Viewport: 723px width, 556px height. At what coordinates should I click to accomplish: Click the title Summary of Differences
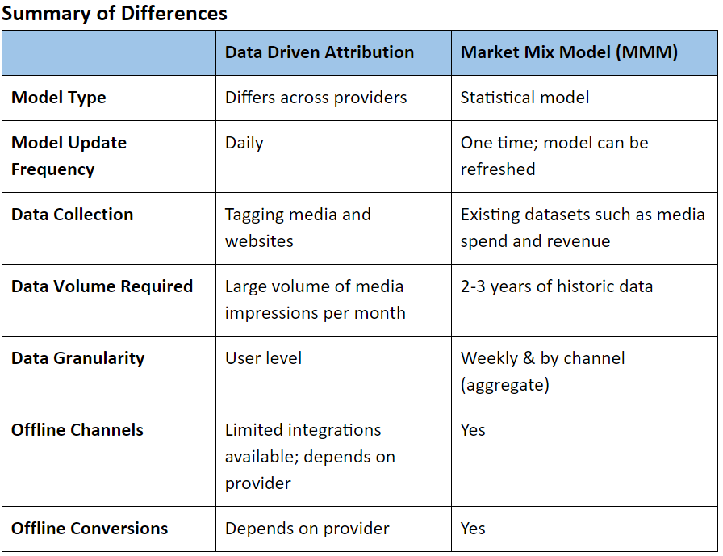click(114, 14)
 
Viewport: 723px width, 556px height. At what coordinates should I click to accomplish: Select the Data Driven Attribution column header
click(319, 52)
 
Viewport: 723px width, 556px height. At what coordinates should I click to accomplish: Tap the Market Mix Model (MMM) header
click(569, 52)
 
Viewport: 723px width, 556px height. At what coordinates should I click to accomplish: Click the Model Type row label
click(59, 98)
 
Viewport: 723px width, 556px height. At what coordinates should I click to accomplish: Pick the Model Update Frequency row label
click(69, 156)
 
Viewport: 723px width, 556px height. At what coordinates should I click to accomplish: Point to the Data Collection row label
click(72, 215)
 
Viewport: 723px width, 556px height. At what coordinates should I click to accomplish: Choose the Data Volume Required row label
click(102, 286)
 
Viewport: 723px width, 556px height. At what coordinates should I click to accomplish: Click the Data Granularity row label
click(77, 358)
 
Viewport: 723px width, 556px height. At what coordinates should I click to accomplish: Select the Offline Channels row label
click(77, 430)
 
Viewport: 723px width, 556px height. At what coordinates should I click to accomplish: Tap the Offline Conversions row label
click(90, 529)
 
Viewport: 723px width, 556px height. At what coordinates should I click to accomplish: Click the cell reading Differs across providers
click(316, 98)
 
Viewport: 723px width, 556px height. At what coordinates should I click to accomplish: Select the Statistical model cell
click(524, 98)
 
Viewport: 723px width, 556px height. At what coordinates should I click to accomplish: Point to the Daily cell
click(244, 143)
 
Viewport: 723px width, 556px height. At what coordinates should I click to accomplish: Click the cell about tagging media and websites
click(298, 228)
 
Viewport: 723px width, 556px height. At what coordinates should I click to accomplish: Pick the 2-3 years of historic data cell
click(556, 286)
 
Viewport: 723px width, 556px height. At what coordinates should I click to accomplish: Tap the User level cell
click(263, 358)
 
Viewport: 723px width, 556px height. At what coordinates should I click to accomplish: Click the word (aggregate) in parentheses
click(504, 384)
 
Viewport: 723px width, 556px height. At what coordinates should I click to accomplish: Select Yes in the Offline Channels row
click(473, 430)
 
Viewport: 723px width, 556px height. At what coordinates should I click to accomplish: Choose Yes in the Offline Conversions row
click(473, 529)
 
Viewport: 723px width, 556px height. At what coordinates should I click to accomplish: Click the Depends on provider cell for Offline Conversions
click(307, 529)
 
